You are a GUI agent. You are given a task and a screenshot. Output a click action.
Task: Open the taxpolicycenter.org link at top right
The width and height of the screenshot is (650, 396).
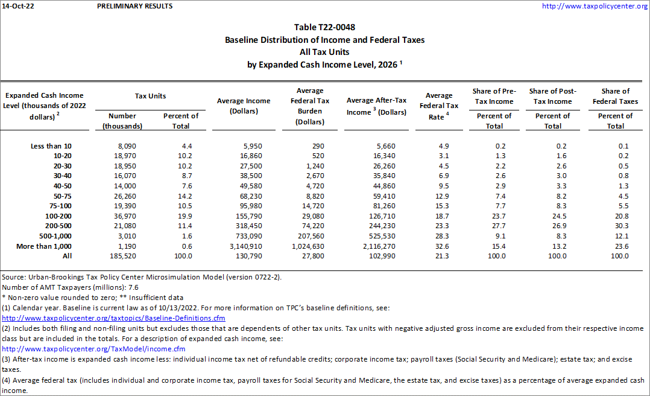coord(595,6)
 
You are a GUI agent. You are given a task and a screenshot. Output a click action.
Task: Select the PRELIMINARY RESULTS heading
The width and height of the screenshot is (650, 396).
coord(134,6)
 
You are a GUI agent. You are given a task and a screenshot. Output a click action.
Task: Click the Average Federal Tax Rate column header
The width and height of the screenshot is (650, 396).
coord(439,106)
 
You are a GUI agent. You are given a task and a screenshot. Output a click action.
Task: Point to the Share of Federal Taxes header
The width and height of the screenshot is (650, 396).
coord(615,96)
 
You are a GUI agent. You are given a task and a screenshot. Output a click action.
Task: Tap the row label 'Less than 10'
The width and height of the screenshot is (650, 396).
coord(51,146)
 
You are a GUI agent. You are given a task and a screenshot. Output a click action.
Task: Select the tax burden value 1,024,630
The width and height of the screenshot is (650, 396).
coord(306,246)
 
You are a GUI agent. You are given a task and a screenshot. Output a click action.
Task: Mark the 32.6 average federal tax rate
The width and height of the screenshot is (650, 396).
coord(441,246)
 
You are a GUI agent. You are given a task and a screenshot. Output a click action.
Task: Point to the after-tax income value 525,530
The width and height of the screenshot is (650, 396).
coord(392,236)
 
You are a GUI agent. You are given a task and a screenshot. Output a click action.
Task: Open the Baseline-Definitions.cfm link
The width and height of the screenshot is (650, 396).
coord(113,318)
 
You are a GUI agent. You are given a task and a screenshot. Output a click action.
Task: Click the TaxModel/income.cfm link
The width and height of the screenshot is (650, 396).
coord(93,349)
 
